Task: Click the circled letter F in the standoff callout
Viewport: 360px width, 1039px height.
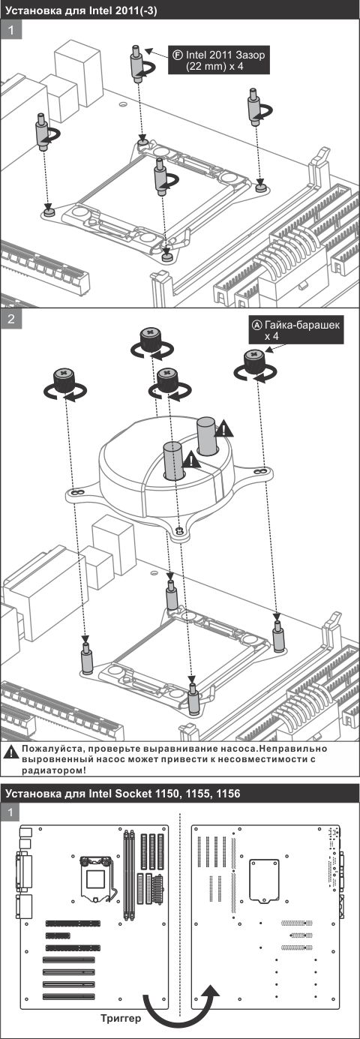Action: [x=177, y=55]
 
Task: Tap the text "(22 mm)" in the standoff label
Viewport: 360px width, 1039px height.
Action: [x=202, y=67]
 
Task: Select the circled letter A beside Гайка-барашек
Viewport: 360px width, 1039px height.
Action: [x=256, y=326]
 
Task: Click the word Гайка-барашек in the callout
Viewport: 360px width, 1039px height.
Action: [x=300, y=326]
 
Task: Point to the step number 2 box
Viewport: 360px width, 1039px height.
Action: [x=11, y=319]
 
